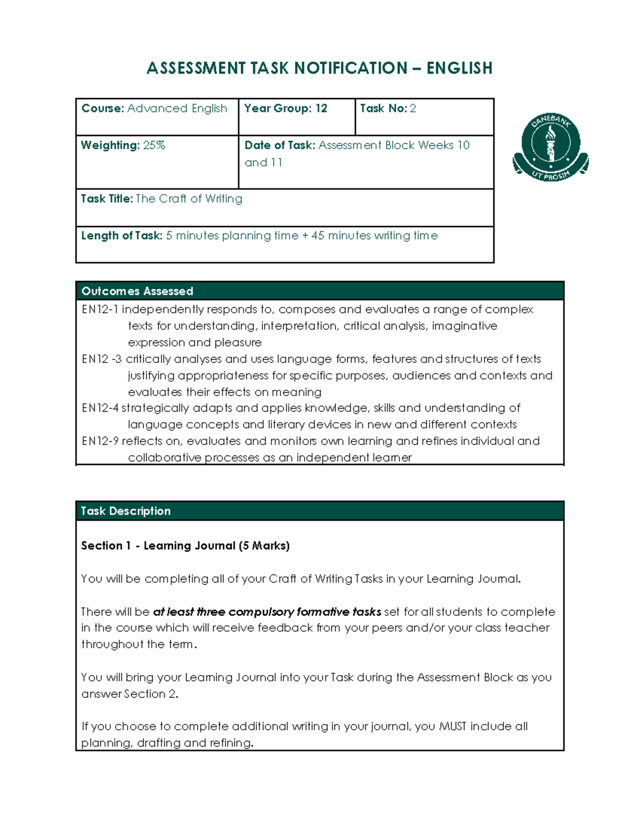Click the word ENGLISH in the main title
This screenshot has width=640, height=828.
(x=459, y=68)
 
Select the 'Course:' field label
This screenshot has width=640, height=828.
(x=103, y=108)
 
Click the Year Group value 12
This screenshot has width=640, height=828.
(x=321, y=108)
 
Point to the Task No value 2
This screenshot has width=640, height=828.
(x=413, y=108)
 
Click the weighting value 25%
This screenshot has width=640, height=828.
(x=154, y=145)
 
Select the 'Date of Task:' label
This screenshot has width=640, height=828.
(x=280, y=145)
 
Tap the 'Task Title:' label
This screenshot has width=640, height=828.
(x=107, y=198)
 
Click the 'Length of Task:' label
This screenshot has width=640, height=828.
(x=122, y=235)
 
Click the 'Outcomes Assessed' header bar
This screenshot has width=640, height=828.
(x=319, y=291)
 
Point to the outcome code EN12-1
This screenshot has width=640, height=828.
(x=100, y=309)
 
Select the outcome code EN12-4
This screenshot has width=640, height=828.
(x=100, y=408)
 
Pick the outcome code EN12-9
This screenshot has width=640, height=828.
(x=100, y=441)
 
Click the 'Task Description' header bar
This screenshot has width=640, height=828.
(x=319, y=511)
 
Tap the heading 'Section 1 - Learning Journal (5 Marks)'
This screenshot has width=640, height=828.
(x=185, y=545)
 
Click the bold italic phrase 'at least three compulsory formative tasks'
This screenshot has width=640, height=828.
(x=267, y=612)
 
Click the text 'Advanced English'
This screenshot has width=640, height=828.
(x=177, y=108)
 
